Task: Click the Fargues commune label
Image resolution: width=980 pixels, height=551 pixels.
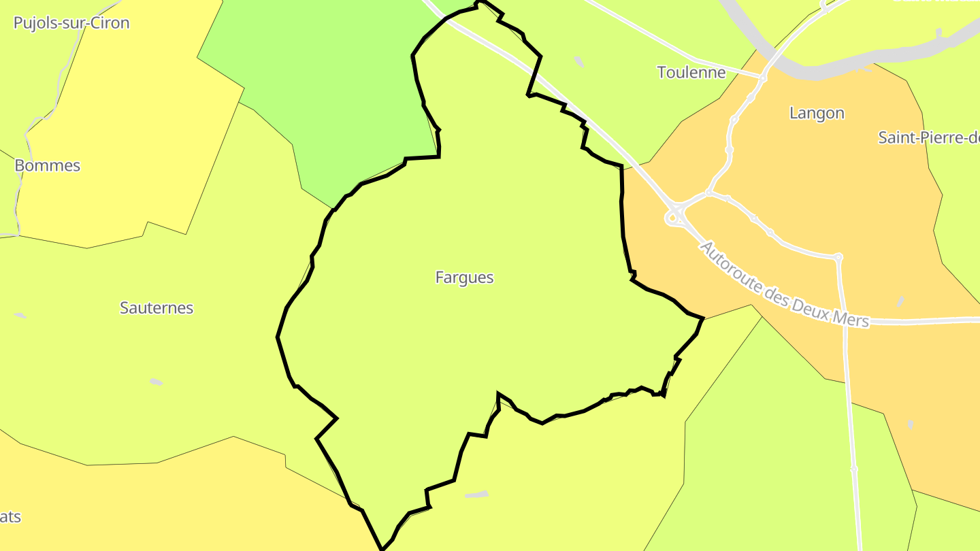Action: point(464,278)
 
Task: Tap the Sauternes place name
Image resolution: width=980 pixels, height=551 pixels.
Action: point(157,308)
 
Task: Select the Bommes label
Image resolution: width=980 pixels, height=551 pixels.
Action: point(48,166)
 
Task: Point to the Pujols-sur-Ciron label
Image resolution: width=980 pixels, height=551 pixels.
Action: point(71,23)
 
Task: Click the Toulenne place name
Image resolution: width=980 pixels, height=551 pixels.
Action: point(691,72)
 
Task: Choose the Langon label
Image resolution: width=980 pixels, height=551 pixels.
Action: point(817,114)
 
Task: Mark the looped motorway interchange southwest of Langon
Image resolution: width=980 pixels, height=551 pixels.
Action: point(675,216)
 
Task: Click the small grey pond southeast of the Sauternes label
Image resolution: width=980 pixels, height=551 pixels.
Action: point(157,382)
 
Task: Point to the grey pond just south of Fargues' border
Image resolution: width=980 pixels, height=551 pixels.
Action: point(477,495)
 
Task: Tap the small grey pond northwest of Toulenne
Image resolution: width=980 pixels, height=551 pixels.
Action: point(579,62)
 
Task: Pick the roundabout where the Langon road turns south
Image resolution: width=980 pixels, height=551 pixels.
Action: point(838,257)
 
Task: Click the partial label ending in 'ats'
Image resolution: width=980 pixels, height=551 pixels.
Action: point(10,517)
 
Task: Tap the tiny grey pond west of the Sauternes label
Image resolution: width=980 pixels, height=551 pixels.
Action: point(20,316)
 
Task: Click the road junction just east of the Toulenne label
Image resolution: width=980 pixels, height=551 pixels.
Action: point(762,78)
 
